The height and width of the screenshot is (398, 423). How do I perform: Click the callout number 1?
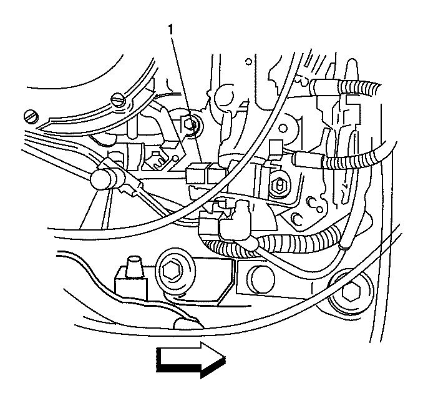point(170,29)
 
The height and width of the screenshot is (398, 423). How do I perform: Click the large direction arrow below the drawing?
point(191,359)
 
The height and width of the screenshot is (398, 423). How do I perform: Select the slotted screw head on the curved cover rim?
point(119,100)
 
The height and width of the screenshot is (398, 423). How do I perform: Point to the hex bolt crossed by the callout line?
point(192,124)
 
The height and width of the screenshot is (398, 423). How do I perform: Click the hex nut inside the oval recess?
point(280,186)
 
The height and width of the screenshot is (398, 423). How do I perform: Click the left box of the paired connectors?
point(196,174)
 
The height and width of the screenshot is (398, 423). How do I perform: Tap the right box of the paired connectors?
point(217,173)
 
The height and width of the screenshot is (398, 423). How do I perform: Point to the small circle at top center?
point(248,62)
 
